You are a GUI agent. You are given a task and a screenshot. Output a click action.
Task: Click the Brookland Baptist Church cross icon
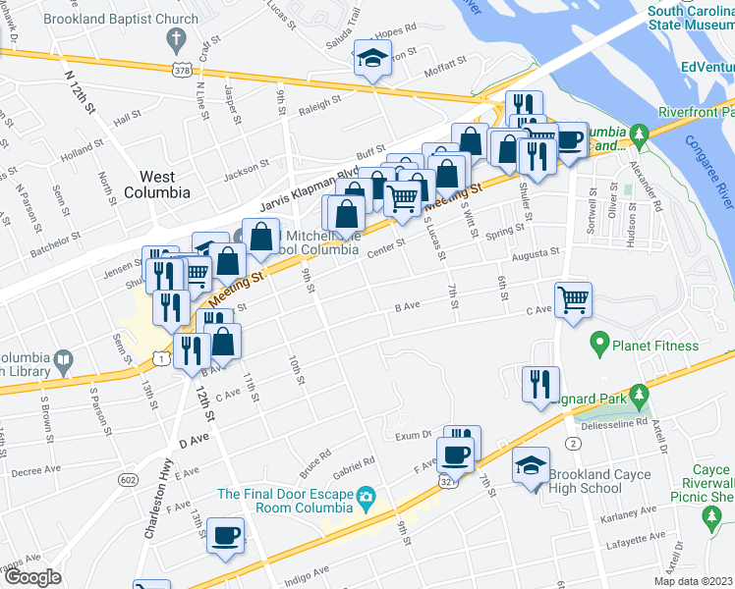(x=176, y=40)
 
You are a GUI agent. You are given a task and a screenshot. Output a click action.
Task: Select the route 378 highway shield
(x=180, y=71)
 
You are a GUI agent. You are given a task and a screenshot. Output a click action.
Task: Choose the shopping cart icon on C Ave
(x=573, y=298)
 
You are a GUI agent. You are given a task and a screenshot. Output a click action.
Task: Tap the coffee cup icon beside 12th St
(x=226, y=535)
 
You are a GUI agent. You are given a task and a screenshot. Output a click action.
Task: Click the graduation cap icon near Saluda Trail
(x=373, y=59)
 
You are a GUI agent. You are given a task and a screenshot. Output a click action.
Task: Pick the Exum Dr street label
(x=414, y=434)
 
